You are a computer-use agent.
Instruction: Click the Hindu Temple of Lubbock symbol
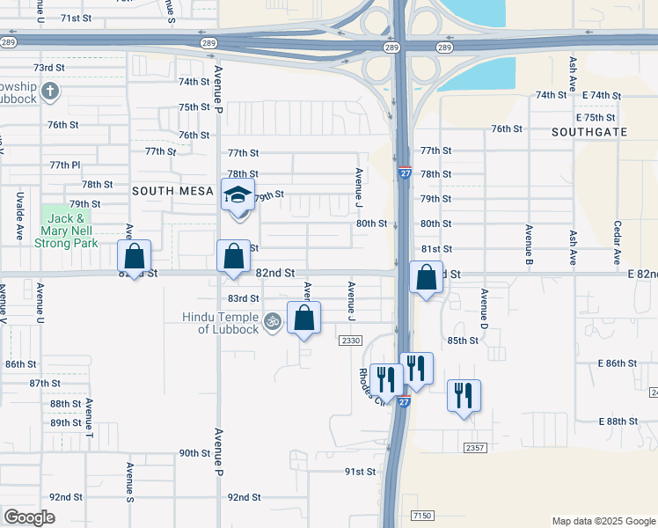[272, 322]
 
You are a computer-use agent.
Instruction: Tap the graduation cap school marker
[238, 195]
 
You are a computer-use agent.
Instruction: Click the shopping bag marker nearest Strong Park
[135, 257]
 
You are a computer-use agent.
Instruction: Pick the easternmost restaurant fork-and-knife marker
[464, 395]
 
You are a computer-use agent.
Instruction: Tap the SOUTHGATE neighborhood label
[589, 131]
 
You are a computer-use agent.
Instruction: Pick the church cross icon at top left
[51, 90]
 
